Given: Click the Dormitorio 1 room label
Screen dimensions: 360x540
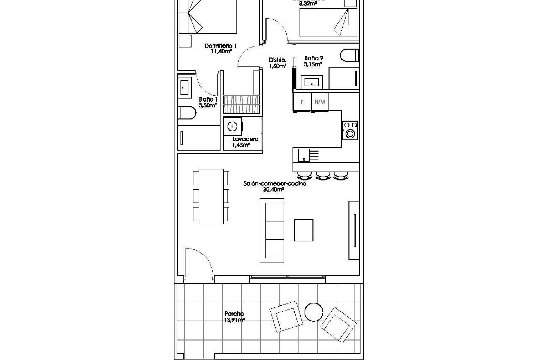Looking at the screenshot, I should pyautogui.click(x=220, y=46).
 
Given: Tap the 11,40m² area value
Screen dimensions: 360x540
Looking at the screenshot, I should pyautogui.click(x=222, y=51).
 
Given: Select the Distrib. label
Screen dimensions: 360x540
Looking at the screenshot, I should pyautogui.click(x=278, y=60).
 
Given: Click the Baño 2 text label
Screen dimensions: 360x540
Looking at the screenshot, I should pyautogui.click(x=314, y=58).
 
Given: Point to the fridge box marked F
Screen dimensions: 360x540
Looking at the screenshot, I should pyautogui.click(x=302, y=102).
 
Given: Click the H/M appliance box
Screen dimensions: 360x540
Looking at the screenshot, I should pyautogui.click(x=320, y=102).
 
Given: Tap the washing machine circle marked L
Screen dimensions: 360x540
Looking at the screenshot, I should pyautogui.click(x=232, y=127).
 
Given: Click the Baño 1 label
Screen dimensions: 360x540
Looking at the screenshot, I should pyautogui.click(x=208, y=99).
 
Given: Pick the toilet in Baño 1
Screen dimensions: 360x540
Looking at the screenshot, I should pyautogui.click(x=187, y=113).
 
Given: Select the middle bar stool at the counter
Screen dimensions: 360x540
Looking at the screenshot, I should pyautogui.click(x=322, y=176).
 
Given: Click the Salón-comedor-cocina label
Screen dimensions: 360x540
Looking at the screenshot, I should pyautogui.click(x=274, y=184).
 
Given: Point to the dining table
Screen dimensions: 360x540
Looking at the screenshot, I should pyautogui.click(x=211, y=196).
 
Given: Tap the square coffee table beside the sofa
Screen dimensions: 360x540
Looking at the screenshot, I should pyautogui.click(x=304, y=230).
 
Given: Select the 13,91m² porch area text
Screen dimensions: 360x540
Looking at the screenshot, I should pyautogui.click(x=234, y=320).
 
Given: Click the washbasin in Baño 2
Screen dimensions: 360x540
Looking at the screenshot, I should pyautogui.click(x=311, y=82).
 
